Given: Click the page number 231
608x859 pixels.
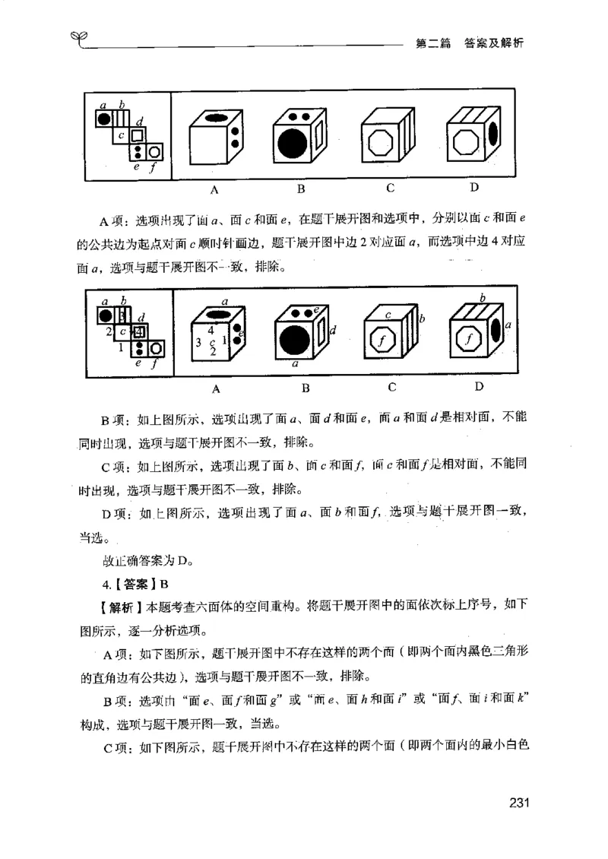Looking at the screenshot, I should [514, 803].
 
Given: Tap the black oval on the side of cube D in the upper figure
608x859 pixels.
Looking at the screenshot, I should [493, 134].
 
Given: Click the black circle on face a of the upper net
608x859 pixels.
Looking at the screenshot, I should [104, 118].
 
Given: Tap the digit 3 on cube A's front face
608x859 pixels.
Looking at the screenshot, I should [198, 343].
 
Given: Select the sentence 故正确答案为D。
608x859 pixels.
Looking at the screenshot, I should [144, 562].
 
